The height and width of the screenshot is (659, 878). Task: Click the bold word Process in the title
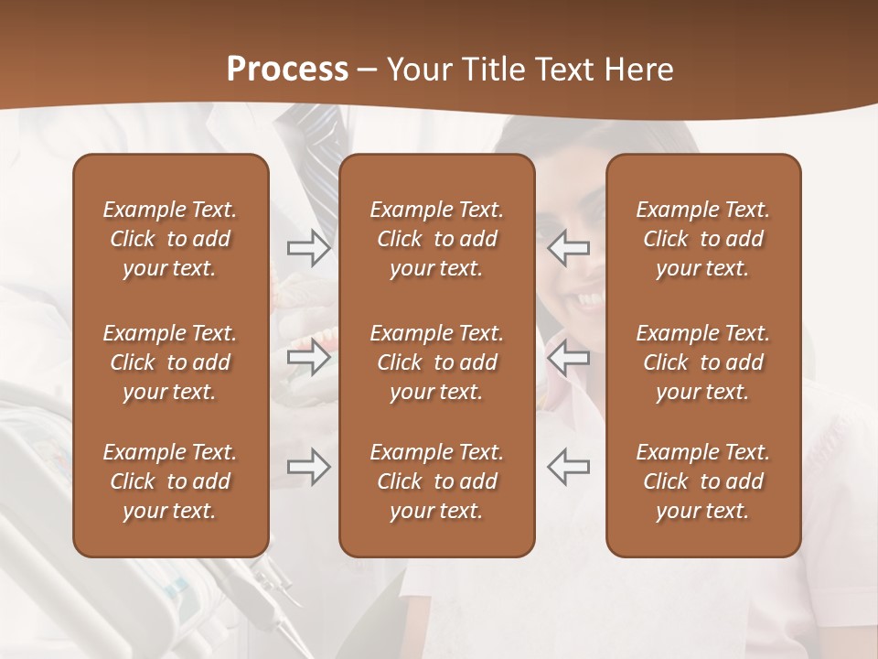pyautogui.click(x=287, y=70)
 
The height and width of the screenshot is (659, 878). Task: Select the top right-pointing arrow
pyautogui.click(x=308, y=248)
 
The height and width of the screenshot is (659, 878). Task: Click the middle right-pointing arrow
pyautogui.click(x=308, y=357)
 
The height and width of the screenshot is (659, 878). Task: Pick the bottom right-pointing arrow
pyautogui.click(x=308, y=467)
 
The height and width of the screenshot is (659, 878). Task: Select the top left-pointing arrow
pyautogui.click(x=568, y=248)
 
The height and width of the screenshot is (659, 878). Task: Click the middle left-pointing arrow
pyautogui.click(x=568, y=357)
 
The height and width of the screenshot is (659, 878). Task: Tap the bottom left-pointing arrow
pyautogui.click(x=568, y=467)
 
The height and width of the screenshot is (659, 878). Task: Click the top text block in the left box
pyautogui.click(x=170, y=239)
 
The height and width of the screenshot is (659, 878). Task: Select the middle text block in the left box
pyautogui.click(x=170, y=362)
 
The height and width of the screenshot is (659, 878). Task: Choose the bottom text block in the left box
pyautogui.click(x=170, y=481)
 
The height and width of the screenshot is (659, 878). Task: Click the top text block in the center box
pyautogui.click(x=436, y=239)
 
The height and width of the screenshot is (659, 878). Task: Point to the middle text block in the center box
pyautogui.click(x=436, y=362)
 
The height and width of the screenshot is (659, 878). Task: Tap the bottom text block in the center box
pyautogui.click(x=436, y=481)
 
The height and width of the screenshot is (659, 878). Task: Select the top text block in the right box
pyautogui.click(x=703, y=239)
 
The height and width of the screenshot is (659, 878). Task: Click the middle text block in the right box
pyautogui.click(x=703, y=362)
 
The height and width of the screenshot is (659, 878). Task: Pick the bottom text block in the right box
pyautogui.click(x=703, y=481)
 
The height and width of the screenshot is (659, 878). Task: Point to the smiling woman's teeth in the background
pyautogui.click(x=591, y=300)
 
